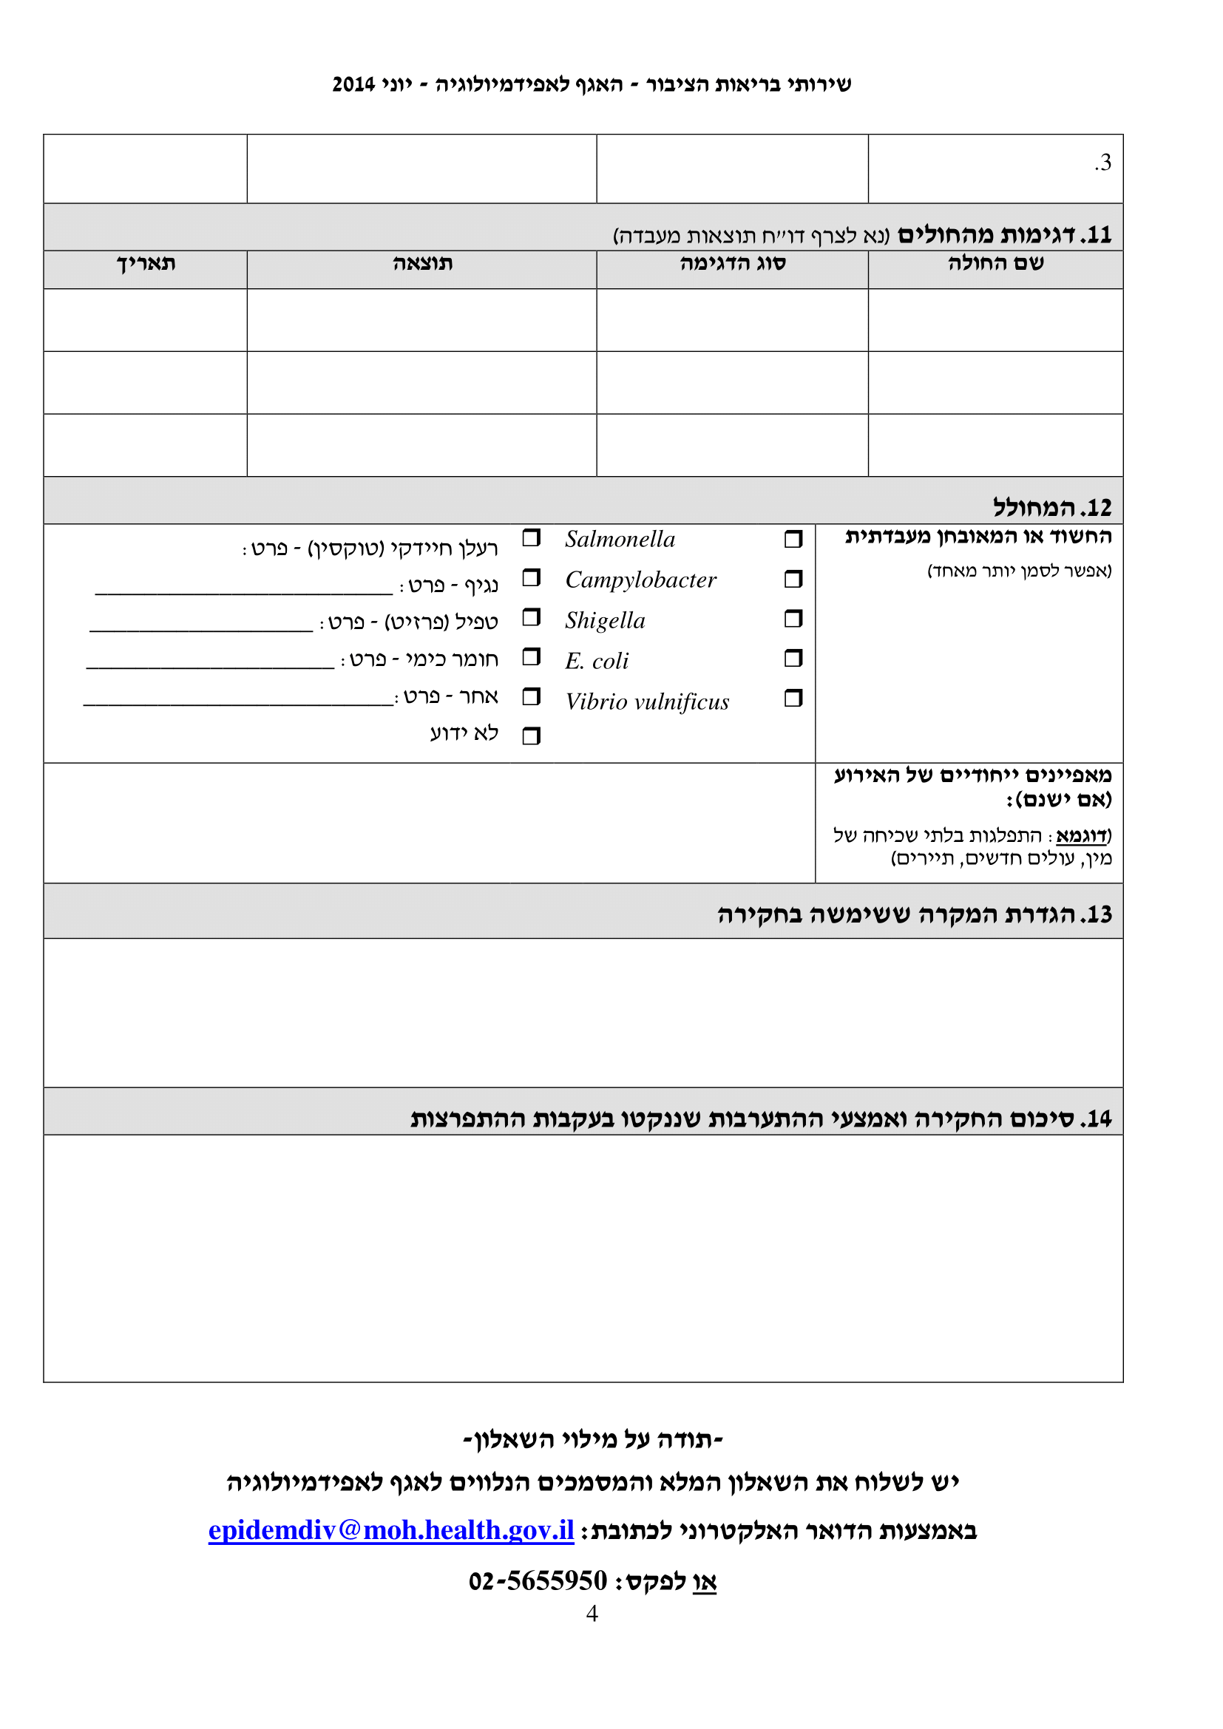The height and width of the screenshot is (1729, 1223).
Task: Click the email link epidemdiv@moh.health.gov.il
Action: click(x=391, y=1531)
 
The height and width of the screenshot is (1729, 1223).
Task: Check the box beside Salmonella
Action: click(x=793, y=539)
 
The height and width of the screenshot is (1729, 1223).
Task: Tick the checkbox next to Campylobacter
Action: click(x=793, y=579)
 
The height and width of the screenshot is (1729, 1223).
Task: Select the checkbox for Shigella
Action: click(x=793, y=619)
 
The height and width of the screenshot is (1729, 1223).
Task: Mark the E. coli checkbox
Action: click(x=793, y=659)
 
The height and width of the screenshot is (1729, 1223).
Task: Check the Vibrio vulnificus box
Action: click(x=793, y=698)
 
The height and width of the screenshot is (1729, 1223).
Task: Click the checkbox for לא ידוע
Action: click(x=531, y=736)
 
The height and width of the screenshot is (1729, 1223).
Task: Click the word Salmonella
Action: click(x=620, y=539)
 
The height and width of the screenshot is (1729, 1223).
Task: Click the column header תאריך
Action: click(x=146, y=264)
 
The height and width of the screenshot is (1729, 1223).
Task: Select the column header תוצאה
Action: click(x=422, y=264)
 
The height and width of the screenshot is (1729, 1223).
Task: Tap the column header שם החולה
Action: click(x=995, y=264)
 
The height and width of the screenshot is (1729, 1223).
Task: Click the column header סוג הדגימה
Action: click(x=732, y=264)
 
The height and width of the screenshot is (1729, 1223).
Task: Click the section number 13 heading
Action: click(x=914, y=915)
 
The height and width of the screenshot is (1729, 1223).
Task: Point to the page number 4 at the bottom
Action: click(x=592, y=1613)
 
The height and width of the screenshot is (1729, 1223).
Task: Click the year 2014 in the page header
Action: click(x=353, y=84)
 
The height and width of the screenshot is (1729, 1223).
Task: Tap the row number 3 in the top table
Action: click(x=1103, y=163)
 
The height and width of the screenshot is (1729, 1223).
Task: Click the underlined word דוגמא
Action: click(x=1082, y=836)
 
